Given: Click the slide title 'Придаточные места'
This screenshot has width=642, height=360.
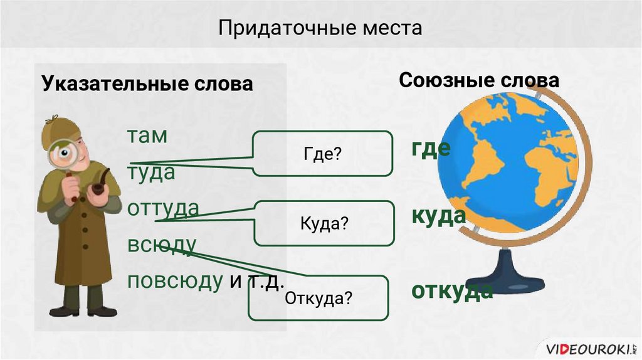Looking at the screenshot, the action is (x=320, y=28).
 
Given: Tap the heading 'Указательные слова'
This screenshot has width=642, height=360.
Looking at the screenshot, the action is (x=147, y=83).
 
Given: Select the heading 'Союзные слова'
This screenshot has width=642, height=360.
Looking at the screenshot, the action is (x=479, y=80).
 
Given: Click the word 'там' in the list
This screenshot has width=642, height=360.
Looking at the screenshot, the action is (x=148, y=135).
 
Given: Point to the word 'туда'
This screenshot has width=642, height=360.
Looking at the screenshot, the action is (x=151, y=172).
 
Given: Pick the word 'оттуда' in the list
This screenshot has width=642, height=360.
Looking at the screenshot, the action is (x=163, y=208).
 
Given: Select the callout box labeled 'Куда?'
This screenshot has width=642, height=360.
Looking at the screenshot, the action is (x=324, y=224).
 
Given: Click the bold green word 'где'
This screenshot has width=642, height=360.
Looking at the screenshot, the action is (x=431, y=149).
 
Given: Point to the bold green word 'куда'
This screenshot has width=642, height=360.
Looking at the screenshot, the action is (x=439, y=216).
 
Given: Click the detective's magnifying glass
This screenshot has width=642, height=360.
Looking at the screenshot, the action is (x=64, y=152).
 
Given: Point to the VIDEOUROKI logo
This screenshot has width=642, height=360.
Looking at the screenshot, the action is (x=590, y=347).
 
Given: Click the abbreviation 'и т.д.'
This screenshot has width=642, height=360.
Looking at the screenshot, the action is (x=257, y=280).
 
